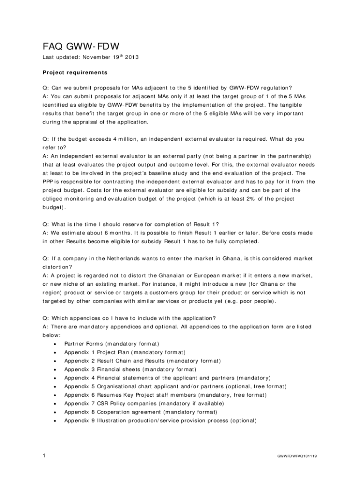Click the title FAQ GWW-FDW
click(x=81, y=46)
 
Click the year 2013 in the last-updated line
click(x=131, y=58)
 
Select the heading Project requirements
click(x=75, y=73)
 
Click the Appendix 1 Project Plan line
click(x=124, y=352)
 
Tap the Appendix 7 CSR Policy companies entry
click(x=144, y=403)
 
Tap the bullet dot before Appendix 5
click(x=55, y=386)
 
